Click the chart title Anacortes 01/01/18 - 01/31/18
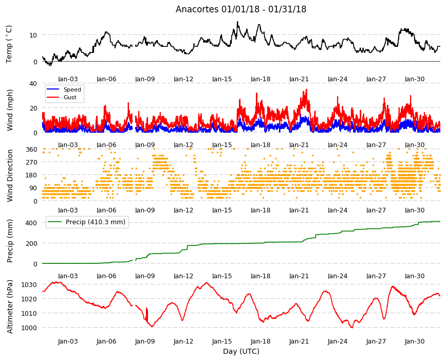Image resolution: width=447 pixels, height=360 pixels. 241,9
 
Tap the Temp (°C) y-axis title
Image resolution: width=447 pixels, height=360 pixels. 9,44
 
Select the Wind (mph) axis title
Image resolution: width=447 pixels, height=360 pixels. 10,110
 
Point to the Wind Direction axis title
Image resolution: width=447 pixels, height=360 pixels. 10,176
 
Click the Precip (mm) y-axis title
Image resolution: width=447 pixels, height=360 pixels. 10,241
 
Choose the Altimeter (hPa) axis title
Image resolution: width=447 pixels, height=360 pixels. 10,307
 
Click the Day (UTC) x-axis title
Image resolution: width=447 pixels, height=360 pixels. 241,351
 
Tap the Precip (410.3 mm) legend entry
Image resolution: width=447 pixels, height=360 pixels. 87,222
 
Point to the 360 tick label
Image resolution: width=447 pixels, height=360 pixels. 31,150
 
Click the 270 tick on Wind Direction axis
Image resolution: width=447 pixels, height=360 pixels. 31,163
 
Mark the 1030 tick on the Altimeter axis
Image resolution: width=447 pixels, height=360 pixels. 29,285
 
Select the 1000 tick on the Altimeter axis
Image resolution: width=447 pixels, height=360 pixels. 29,328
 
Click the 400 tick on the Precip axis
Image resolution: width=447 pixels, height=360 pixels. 31,223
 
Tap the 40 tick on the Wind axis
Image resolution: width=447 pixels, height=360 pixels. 33,84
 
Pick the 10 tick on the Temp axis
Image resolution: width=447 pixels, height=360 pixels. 33,35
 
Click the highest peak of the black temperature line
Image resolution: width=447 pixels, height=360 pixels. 237,22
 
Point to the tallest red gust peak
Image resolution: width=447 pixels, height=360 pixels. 306,89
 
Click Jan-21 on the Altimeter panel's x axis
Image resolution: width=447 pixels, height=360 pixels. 299,341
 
